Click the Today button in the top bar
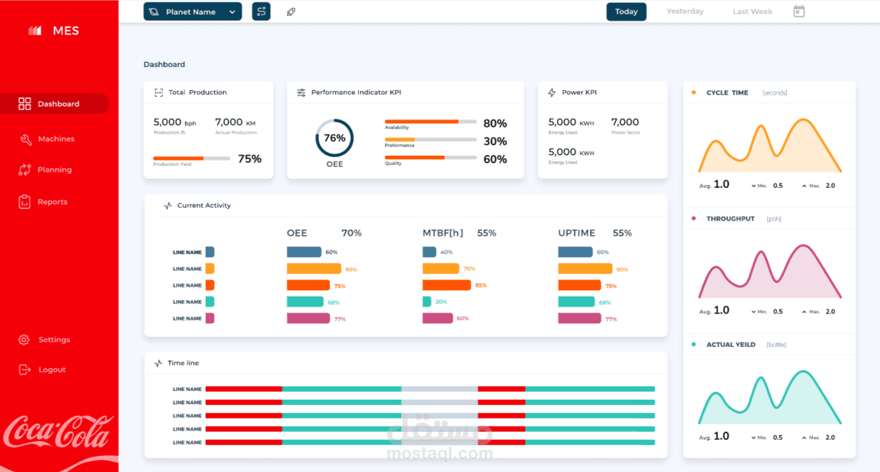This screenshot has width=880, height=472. (x=626, y=11)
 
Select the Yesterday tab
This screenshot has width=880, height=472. (x=685, y=11)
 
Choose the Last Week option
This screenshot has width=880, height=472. (x=752, y=11)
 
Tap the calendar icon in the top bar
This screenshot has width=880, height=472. (x=798, y=11)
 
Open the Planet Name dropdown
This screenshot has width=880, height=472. (x=193, y=11)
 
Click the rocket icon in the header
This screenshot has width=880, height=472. (x=291, y=11)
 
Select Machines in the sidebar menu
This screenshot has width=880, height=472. (x=56, y=139)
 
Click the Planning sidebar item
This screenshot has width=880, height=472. (x=54, y=170)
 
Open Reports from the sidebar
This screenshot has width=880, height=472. (x=52, y=202)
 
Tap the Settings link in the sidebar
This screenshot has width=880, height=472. (x=53, y=340)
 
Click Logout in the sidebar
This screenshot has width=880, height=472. (x=51, y=370)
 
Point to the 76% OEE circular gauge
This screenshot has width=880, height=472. (x=334, y=138)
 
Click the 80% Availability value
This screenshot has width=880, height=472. (x=495, y=124)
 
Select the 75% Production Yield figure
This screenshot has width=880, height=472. (x=249, y=159)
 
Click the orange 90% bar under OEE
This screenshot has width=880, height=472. (x=314, y=269)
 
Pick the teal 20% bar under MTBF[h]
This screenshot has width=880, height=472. (x=427, y=302)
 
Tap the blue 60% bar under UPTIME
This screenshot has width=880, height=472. (x=575, y=252)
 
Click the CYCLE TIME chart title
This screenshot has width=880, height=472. (x=727, y=93)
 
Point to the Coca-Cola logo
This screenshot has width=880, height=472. (x=58, y=432)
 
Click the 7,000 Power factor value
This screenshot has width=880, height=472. (x=625, y=122)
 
